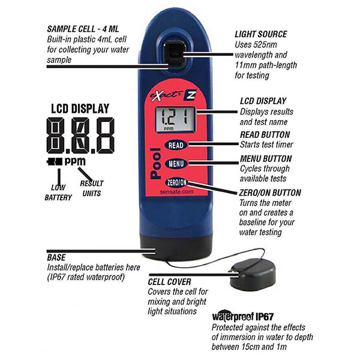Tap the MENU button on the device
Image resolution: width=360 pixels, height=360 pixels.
click(x=176, y=163)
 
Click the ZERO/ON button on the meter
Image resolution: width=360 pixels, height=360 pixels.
click(x=176, y=182)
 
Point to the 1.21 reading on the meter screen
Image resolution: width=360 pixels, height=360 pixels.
click(x=176, y=117)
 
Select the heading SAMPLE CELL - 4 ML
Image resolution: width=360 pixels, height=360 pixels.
click(x=83, y=29)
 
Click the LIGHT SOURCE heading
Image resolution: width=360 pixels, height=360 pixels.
click(x=261, y=34)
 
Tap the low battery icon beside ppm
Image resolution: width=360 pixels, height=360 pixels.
click(x=55, y=161)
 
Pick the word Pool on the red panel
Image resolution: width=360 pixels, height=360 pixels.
click(x=155, y=163)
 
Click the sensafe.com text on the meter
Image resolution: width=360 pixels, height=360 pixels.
click(x=177, y=192)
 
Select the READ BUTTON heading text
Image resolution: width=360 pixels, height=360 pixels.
click(x=265, y=134)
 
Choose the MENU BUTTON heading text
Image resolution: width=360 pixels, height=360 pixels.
click(x=266, y=158)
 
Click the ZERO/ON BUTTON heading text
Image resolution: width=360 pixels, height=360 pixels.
click(x=270, y=193)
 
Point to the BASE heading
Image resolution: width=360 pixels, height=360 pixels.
click(x=56, y=257)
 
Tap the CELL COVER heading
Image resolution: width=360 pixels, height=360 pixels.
click(x=169, y=282)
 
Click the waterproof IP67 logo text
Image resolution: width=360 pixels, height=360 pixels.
click(x=242, y=316)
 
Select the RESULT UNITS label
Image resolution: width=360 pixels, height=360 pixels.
click(x=92, y=188)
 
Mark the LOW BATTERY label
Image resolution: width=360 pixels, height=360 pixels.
click(x=58, y=193)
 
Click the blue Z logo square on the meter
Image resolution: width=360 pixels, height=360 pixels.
click(x=190, y=94)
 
